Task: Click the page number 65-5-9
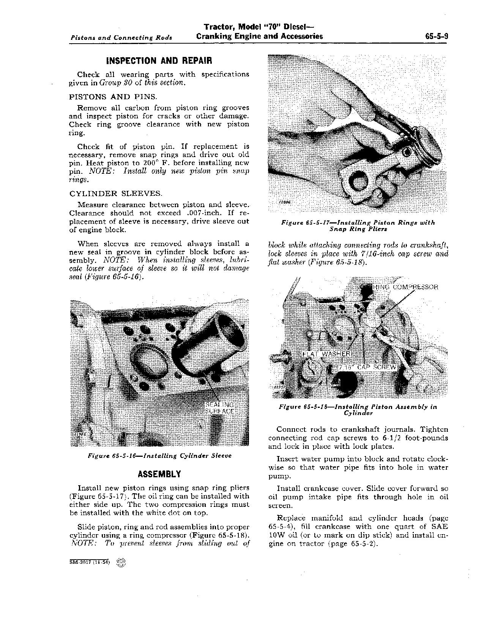click(437, 36)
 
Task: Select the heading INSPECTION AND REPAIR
click(159, 61)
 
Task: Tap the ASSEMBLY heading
click(159, 474)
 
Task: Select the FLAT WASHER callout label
click(326, 354)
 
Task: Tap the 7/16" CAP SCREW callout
click(367, 367)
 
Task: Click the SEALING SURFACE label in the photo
click(220, 408)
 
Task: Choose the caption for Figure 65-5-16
click(159, 456)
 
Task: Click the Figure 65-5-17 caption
click(358, 226)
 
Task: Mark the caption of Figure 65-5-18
click(358, 410)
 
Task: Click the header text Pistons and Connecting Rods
click(121, 38)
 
